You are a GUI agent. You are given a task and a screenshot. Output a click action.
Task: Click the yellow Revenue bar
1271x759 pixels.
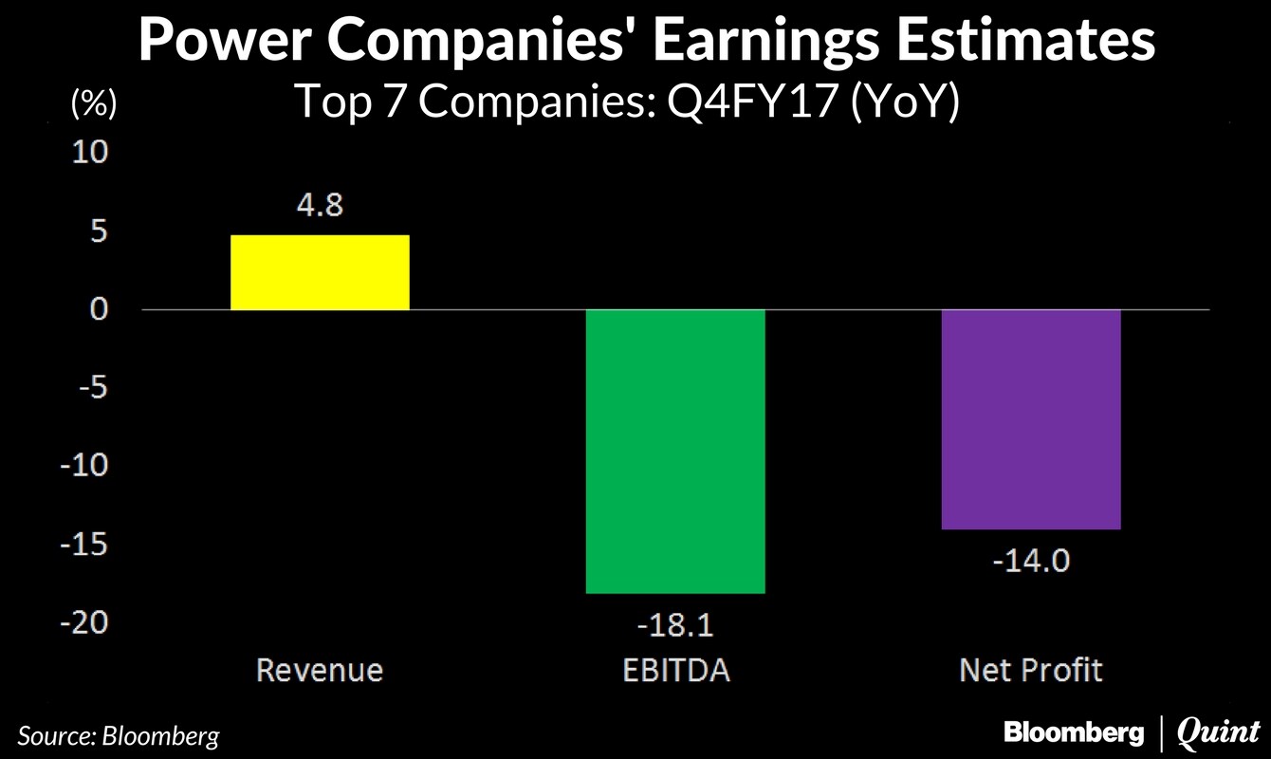[x=320, y=272]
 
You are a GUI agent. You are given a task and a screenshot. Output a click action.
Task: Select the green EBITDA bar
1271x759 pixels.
[x=675, y=452]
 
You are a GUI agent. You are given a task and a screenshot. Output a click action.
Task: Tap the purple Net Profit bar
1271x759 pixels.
[x=1031, y=419]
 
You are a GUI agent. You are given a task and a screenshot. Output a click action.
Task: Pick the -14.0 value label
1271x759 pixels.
[x=1031, y=561]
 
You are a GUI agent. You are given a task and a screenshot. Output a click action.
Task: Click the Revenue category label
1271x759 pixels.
[x=320, y=671]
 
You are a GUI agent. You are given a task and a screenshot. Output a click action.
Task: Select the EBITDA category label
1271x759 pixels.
[x=675, y=671]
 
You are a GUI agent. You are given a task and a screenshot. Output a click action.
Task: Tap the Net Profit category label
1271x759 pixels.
[x=1031, y=671]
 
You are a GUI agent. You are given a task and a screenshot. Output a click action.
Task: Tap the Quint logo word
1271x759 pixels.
[x=1218, y=731]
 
